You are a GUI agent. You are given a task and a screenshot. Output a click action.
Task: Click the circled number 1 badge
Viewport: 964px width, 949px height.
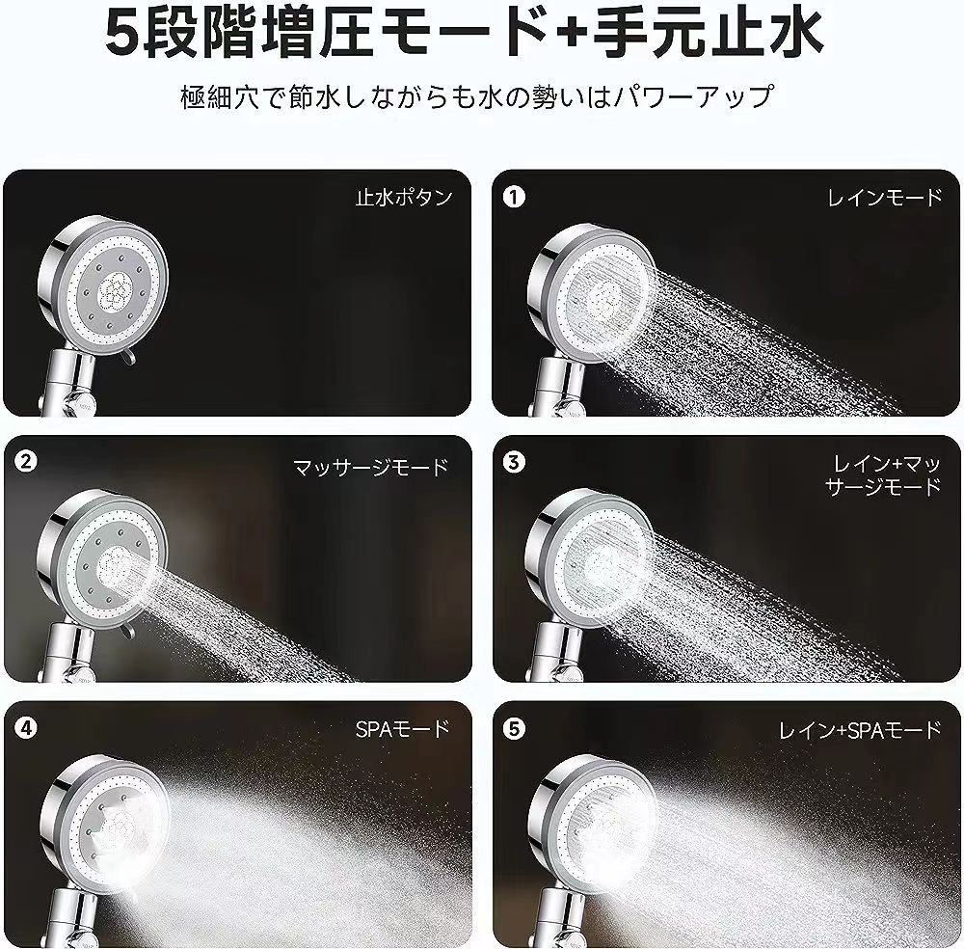(x=514, y=197)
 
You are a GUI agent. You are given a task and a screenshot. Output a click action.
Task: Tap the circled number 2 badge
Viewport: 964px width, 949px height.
(x=26, y=461)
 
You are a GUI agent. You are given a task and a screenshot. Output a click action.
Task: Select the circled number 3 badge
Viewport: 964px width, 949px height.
(x=514, y=462)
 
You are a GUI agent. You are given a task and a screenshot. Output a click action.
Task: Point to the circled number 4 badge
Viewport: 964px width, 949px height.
(x=26, y=728)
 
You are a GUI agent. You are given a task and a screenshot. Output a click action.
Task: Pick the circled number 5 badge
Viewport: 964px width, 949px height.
(x=514, y=729)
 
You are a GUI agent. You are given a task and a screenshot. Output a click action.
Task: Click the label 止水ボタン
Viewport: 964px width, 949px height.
(x=404, y=198)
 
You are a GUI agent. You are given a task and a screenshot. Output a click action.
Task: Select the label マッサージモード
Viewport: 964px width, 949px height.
(x=371, y=468)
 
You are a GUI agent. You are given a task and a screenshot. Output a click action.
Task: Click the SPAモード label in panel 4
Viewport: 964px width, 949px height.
(x=403, y=729)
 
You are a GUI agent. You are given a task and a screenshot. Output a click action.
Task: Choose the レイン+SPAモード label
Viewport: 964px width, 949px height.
(x=860, y=730)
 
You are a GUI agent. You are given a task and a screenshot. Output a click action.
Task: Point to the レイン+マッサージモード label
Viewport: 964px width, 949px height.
(x=883, y=474)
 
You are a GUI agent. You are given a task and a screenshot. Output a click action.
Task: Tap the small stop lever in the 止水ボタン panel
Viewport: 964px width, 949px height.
(x=127, y=357)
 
